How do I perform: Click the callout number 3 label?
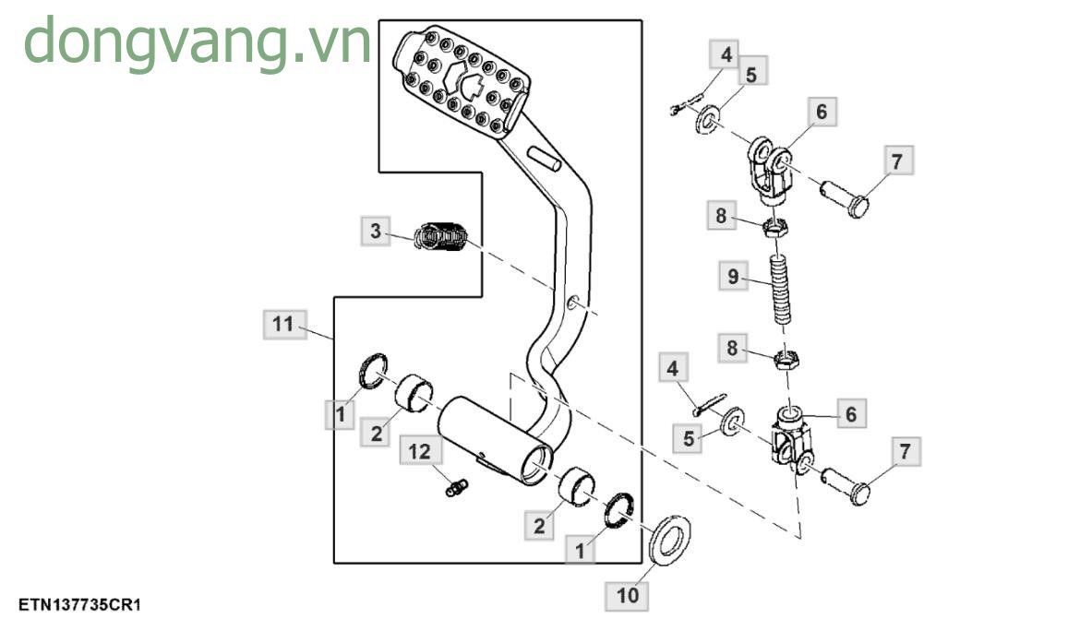pos(375,231)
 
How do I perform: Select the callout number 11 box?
pos(283,325)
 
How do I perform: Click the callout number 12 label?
pos(420,452)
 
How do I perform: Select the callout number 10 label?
pos(627,595)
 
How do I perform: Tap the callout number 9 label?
pos(732,276)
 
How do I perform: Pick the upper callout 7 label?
pos(897,161)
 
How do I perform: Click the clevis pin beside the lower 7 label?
pos(845,485)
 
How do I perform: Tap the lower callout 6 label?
pos(850,415)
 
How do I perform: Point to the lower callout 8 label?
pos(732,349)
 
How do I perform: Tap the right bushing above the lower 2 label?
pos(576,487)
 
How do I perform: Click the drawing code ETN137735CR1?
pos(79,604)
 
